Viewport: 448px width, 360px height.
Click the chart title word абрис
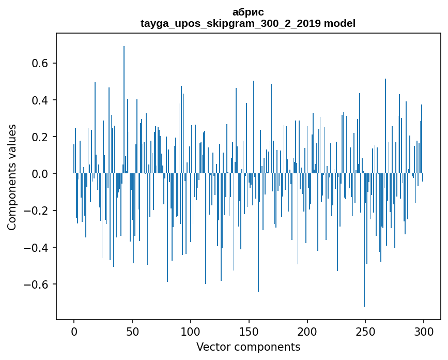pyautogui.click(x=248, y=12)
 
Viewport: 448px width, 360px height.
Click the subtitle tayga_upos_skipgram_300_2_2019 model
pyautogui.click(x=248, y=23)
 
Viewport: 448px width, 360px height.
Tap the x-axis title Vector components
pyautogui.click(x=248, y=347)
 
